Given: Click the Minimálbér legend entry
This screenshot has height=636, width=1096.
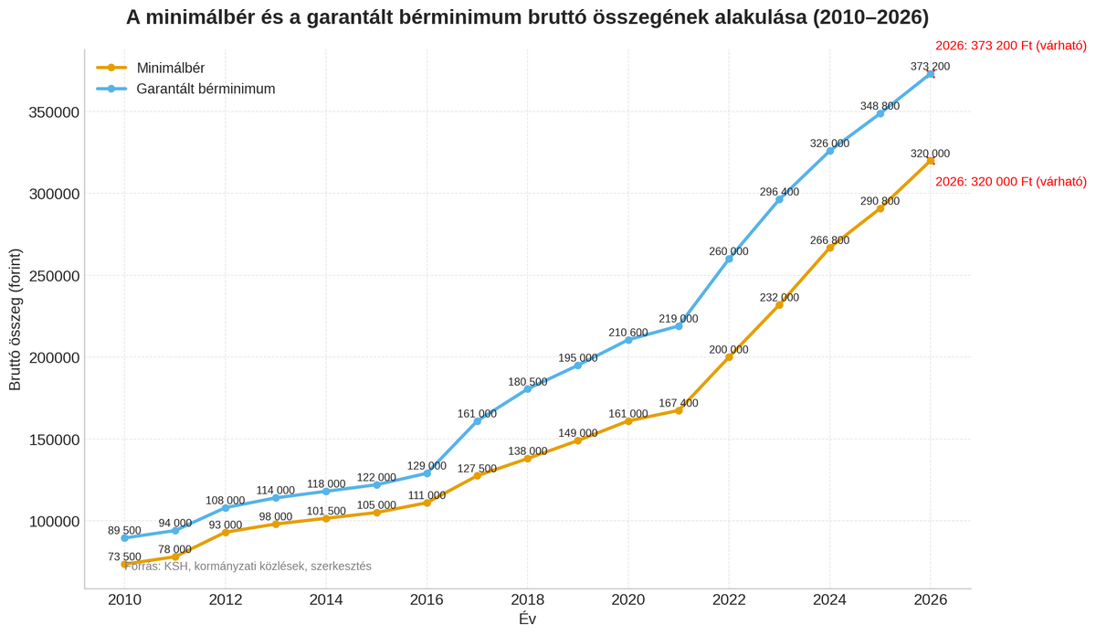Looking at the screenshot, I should point(170,68).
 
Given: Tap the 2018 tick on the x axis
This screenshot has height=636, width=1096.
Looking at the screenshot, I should point(528,600).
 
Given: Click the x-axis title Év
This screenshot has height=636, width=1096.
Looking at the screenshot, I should point(527,620).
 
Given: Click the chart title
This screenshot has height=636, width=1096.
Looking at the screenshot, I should point(527,17).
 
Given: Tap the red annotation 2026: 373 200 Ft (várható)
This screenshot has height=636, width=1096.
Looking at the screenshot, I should point(1010,46).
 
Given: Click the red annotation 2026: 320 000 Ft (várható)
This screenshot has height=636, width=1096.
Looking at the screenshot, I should point(1010,182).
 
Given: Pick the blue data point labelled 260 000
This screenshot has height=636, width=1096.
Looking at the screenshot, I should point(729,260).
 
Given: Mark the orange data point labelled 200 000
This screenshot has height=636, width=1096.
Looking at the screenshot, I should point(729,357).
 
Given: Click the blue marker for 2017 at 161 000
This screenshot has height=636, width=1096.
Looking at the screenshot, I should point(477,421).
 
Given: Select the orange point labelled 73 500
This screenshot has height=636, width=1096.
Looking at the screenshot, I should point(124,564).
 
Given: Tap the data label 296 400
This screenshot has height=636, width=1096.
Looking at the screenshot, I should point(779,192).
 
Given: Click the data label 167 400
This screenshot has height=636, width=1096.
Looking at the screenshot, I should point(678,403).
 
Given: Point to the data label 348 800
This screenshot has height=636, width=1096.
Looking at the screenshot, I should point(880,106).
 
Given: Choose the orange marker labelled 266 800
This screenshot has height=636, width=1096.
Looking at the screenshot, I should point(829,248).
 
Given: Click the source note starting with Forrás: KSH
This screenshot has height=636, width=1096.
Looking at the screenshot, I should point(248,567).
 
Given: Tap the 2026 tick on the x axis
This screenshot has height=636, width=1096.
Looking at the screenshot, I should point(930,600).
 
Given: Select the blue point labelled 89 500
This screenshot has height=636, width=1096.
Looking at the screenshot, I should point(124,538).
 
